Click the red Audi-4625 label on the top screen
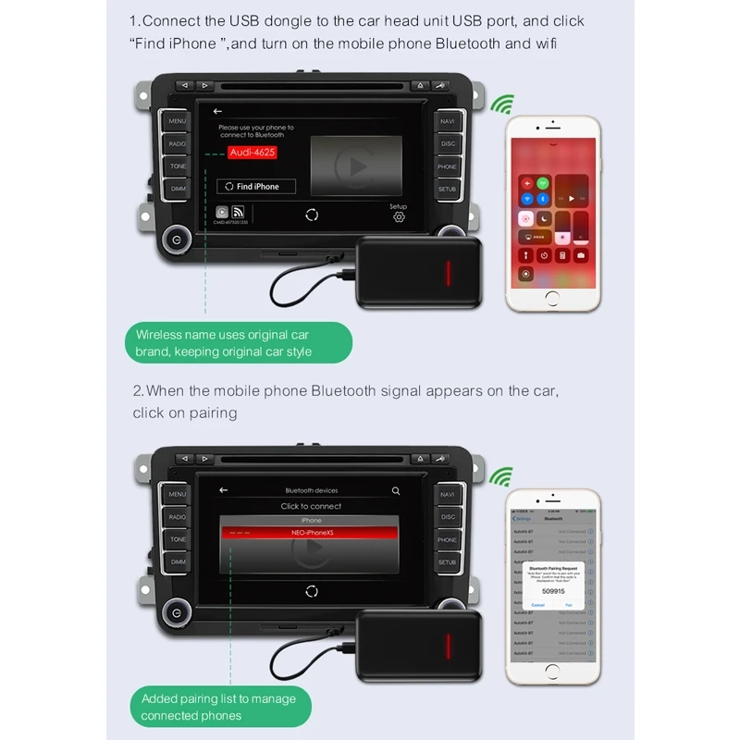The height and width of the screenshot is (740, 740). tap(253, 153)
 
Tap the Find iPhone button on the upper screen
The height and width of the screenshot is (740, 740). tap(256, 186)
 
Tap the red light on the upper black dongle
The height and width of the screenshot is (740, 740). tap(448, 273)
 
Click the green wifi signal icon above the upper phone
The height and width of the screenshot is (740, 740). tap(501, 105)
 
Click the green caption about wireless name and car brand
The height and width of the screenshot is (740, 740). tap(239, 343)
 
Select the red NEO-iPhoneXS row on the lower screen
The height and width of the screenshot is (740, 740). tap(311, 534)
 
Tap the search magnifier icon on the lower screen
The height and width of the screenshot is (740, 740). tap(396, 490)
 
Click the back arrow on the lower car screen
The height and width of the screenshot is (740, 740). tap(223, 490)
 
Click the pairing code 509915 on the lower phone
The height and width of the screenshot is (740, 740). tap(552, 590)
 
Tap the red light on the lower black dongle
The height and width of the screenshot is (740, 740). tap(448, 646)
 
